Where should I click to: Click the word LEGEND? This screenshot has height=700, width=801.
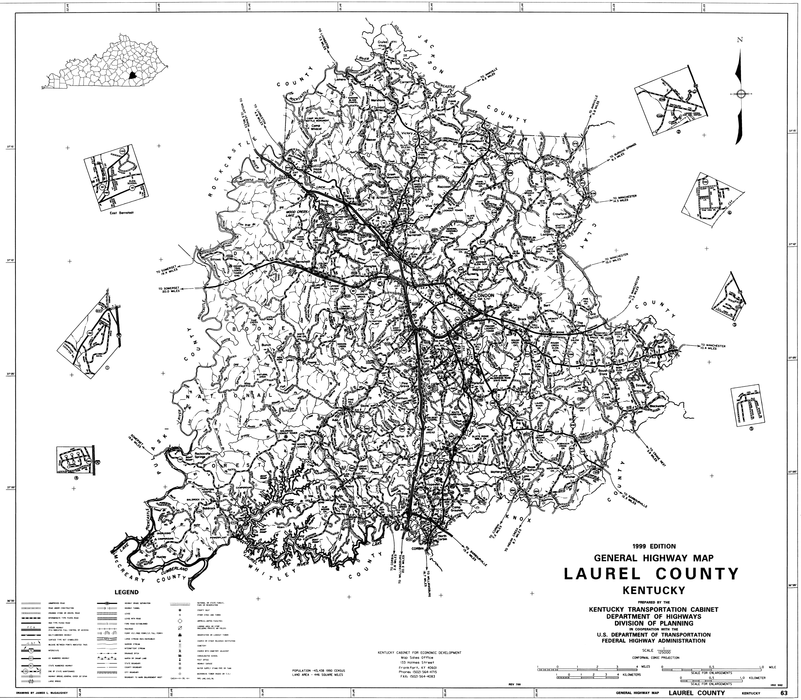[x=126, y=592]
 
